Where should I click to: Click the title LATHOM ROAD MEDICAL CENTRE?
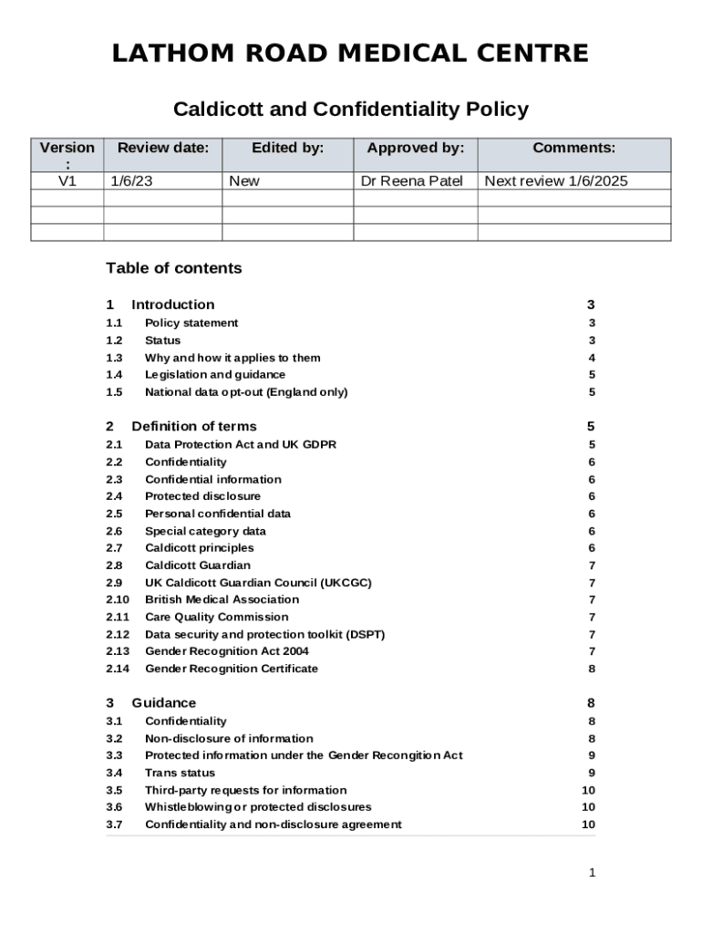pos(350,54)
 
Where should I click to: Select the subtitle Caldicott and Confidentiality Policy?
pos(350,110)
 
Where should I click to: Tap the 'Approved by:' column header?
pos(415,148)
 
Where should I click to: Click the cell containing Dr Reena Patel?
pos(412,181)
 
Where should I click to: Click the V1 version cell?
pos(67,181)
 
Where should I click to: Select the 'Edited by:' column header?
pos(288,148)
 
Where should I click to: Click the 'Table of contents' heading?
pos(174,268)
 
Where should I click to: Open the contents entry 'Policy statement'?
pos(191,323)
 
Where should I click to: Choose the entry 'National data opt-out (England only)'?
pos(246,392)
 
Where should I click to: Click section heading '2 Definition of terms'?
pos(181,426)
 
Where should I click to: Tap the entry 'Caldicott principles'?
pos(200,548)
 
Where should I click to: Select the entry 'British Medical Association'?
pos(222,599)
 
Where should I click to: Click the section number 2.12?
pos(118,634)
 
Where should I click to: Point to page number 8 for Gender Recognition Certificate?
pos(592,669)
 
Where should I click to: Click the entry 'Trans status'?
pos(181,773)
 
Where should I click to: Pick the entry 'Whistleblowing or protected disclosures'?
pos(258,807)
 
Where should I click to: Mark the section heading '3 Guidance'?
pos(151,702)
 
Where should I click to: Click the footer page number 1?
pos(592,873)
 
